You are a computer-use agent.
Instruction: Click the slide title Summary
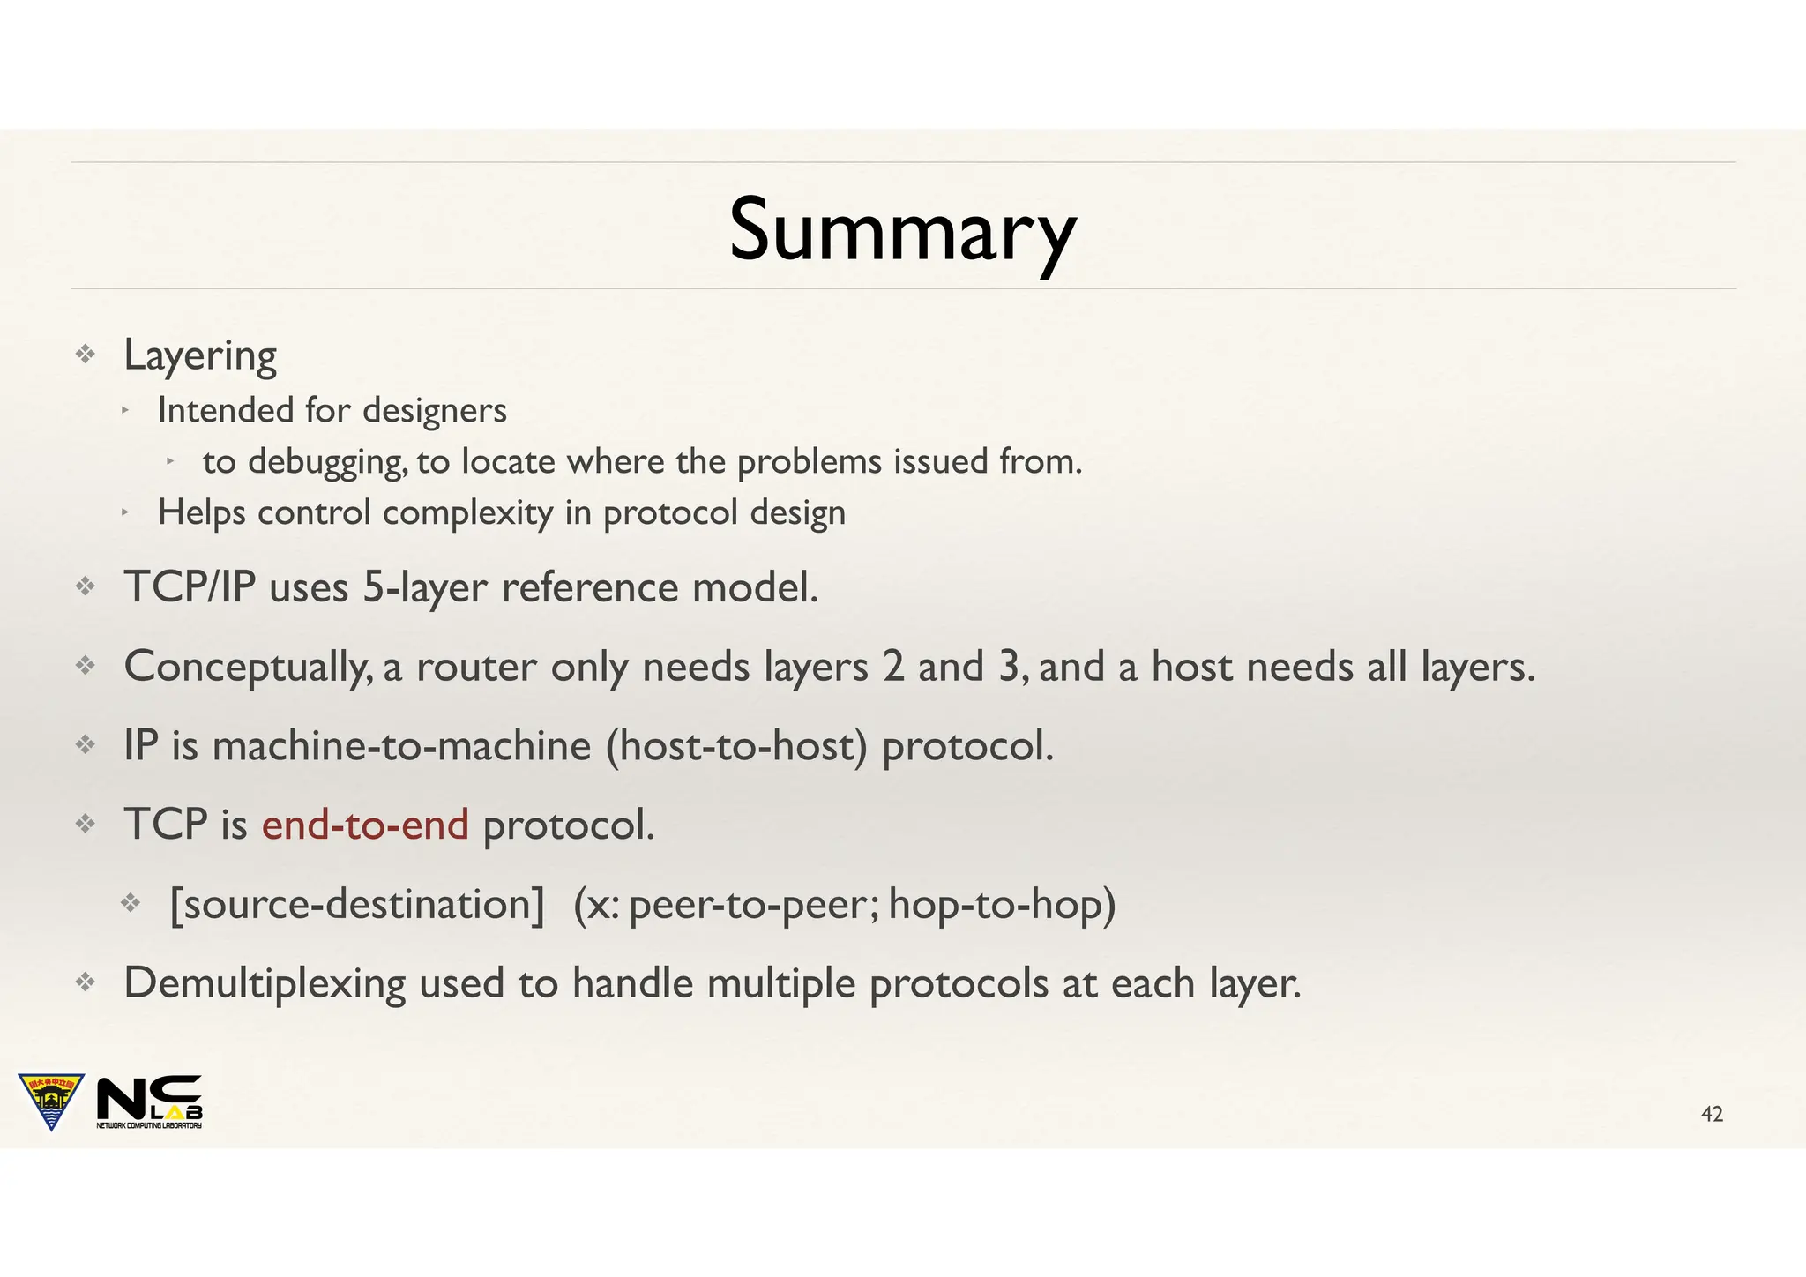pyautogui.click(x=902, y=231)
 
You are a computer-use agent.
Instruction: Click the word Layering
pyautogui.click(x=200, y=355)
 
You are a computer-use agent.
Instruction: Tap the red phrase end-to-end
pyautogui.click(x=365, y=825)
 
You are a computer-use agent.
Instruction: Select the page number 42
pyautogui.click(x=1712, y=1115)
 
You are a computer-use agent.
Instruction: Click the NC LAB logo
pyautogui.click(x=149, y=1102)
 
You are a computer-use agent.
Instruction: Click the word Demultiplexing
pyautogui.click(x=264, y=983)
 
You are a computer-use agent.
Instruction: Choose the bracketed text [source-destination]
pyautogui.click(x=357, y=904)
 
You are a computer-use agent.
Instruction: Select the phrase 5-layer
pyautogui.click(x=424, y=587)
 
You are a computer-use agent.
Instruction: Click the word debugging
pyautogui.click(x=327, y=462)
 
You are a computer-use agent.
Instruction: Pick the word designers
pyautogui.click(x=434, y=411)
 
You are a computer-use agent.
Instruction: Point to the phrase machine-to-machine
pyautogui.click(x=401, y=746)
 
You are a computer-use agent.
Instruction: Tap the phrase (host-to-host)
pyautogui.click(x=736, y=746)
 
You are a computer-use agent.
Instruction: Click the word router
pyautogui.click(x=476, y=667)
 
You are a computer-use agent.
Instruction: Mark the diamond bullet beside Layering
pyautogui.click(x=85, y=355)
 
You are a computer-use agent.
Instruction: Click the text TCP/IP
pyautogui.click(x=190, y=587)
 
